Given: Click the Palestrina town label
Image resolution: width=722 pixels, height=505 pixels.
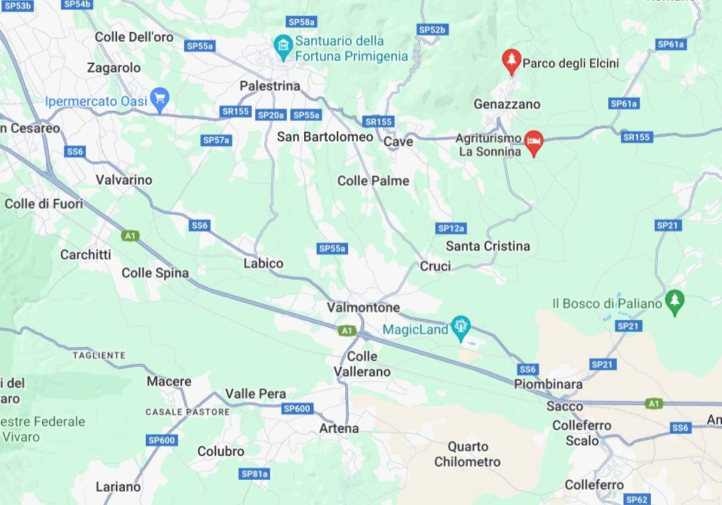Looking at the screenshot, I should coord(269,86).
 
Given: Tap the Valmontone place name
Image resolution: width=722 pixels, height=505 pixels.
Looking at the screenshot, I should coord(363,308).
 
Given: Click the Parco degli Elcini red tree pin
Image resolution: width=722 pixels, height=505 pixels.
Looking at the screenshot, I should coord(512,61).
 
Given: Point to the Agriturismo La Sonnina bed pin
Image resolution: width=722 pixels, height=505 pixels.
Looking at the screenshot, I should coord(534,142).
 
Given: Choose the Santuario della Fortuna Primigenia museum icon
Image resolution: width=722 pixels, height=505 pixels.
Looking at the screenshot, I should coord(283,48).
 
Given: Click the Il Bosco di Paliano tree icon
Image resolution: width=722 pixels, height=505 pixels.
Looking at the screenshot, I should coord(675,301).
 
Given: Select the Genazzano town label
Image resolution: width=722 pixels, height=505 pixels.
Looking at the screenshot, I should coord(507,105).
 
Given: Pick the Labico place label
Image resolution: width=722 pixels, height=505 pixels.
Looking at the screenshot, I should coord(263,264).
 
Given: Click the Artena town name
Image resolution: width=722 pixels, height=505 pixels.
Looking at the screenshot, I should coord(339,428).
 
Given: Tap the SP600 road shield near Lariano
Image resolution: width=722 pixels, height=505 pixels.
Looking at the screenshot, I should coord(162,440).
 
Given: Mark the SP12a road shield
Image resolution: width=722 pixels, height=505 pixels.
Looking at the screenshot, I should coord(451,228).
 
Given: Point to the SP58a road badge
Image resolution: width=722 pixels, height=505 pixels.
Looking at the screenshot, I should coord(301,22).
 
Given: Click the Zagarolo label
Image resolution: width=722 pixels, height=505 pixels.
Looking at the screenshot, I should coord(114,68).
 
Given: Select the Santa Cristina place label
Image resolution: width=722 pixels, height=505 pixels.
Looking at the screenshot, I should coord(488,246).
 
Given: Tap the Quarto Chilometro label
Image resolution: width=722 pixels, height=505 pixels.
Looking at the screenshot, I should coord(467,454).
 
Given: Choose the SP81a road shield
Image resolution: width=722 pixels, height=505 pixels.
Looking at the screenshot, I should coord(254,474).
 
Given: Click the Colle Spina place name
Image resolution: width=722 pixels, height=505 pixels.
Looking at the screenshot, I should coord(155,273).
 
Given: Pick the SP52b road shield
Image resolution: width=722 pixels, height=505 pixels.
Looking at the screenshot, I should coord(432,29).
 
